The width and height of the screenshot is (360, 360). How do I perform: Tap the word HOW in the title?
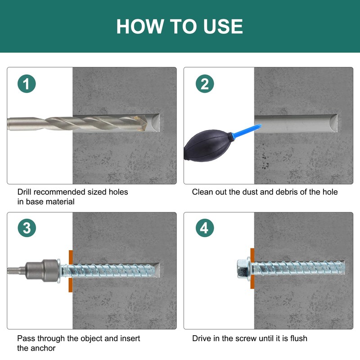pyautogui.click(x=140, y=27)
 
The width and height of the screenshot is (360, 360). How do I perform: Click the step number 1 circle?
pyautogui.click(x=27, y=84)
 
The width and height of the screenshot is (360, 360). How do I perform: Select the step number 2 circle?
pyautogui.click(x=205, y=84)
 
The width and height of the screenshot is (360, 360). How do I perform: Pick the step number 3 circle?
pyautogui.click(x=27, y=228)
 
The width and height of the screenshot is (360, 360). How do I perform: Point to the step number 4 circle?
pyautogui.click(x=205, y=228)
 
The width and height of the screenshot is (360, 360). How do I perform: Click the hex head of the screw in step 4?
pyautogui.click(x=242, y=268)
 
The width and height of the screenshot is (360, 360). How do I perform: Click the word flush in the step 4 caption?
pyautogui.click(x=298, y=338)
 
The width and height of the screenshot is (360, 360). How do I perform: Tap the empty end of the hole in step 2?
pyautogui.click(x=333, y=124)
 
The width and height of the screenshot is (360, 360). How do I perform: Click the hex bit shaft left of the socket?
pyautogui.click(x=16, y=270)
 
